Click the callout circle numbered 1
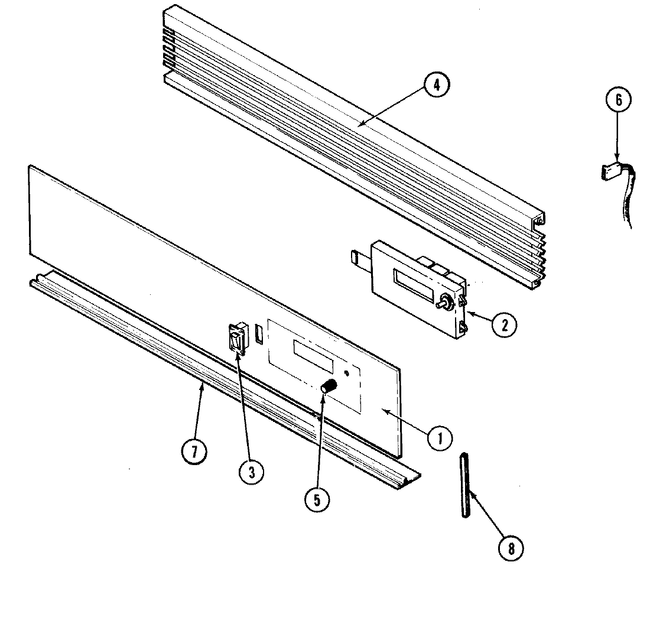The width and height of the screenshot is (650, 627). pos(440,438)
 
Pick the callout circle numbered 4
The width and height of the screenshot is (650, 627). pos(436,85)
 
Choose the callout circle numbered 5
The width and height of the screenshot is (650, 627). pos(317,499)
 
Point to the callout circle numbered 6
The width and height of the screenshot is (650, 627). pos(618,100)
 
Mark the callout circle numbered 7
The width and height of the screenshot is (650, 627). pos(194,452)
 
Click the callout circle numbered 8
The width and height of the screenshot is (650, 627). pos(511,548)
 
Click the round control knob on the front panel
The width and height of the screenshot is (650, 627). pos(329,388)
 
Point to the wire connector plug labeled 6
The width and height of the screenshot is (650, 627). pos(609,171)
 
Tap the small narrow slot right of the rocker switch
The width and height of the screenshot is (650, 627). pos(259,334)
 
